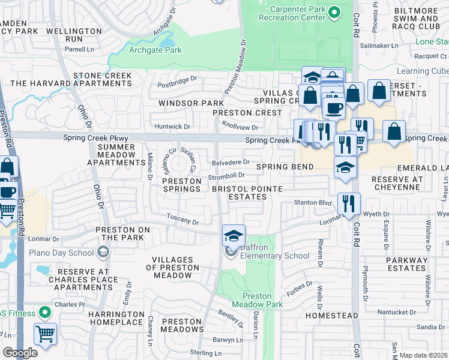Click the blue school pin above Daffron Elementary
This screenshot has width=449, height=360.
tap(234, 235)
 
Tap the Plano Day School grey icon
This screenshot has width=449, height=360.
tap(104, 252)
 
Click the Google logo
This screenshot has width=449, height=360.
tap(20, 353)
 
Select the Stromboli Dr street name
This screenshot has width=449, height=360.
tap(226, 176)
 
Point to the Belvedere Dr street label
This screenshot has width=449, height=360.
tap(231, 162)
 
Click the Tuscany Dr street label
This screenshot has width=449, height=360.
tap(182, 221)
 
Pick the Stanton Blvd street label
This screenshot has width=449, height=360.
tap(312, 203)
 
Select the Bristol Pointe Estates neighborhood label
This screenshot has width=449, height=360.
tap(246, 193)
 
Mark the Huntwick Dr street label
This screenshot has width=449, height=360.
tap(172, 127)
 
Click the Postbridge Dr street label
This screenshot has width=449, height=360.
tap(176, 79)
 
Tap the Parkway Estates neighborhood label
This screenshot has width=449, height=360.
tap(406, 264)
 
